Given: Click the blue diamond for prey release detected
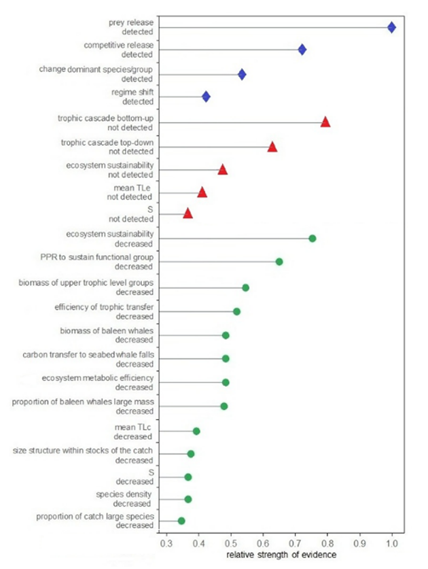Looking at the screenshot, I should (391, 27).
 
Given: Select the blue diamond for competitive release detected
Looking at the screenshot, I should (302, 50).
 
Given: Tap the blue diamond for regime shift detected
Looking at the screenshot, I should (206, 97).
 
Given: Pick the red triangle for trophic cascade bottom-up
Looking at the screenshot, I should (325, 122).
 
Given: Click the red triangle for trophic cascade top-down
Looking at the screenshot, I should (272, 147).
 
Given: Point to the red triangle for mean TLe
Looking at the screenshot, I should (202, 192).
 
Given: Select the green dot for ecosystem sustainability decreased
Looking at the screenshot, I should (313, 239).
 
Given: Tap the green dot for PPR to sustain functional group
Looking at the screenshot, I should (279, 262).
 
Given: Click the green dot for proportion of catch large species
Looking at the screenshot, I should (181, 521).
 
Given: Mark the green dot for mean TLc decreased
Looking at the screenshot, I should (196, 431).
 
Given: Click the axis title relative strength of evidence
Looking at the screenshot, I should (277, 555).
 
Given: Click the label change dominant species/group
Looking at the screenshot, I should (96, 69).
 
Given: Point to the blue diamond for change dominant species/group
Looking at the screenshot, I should (242, 74).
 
